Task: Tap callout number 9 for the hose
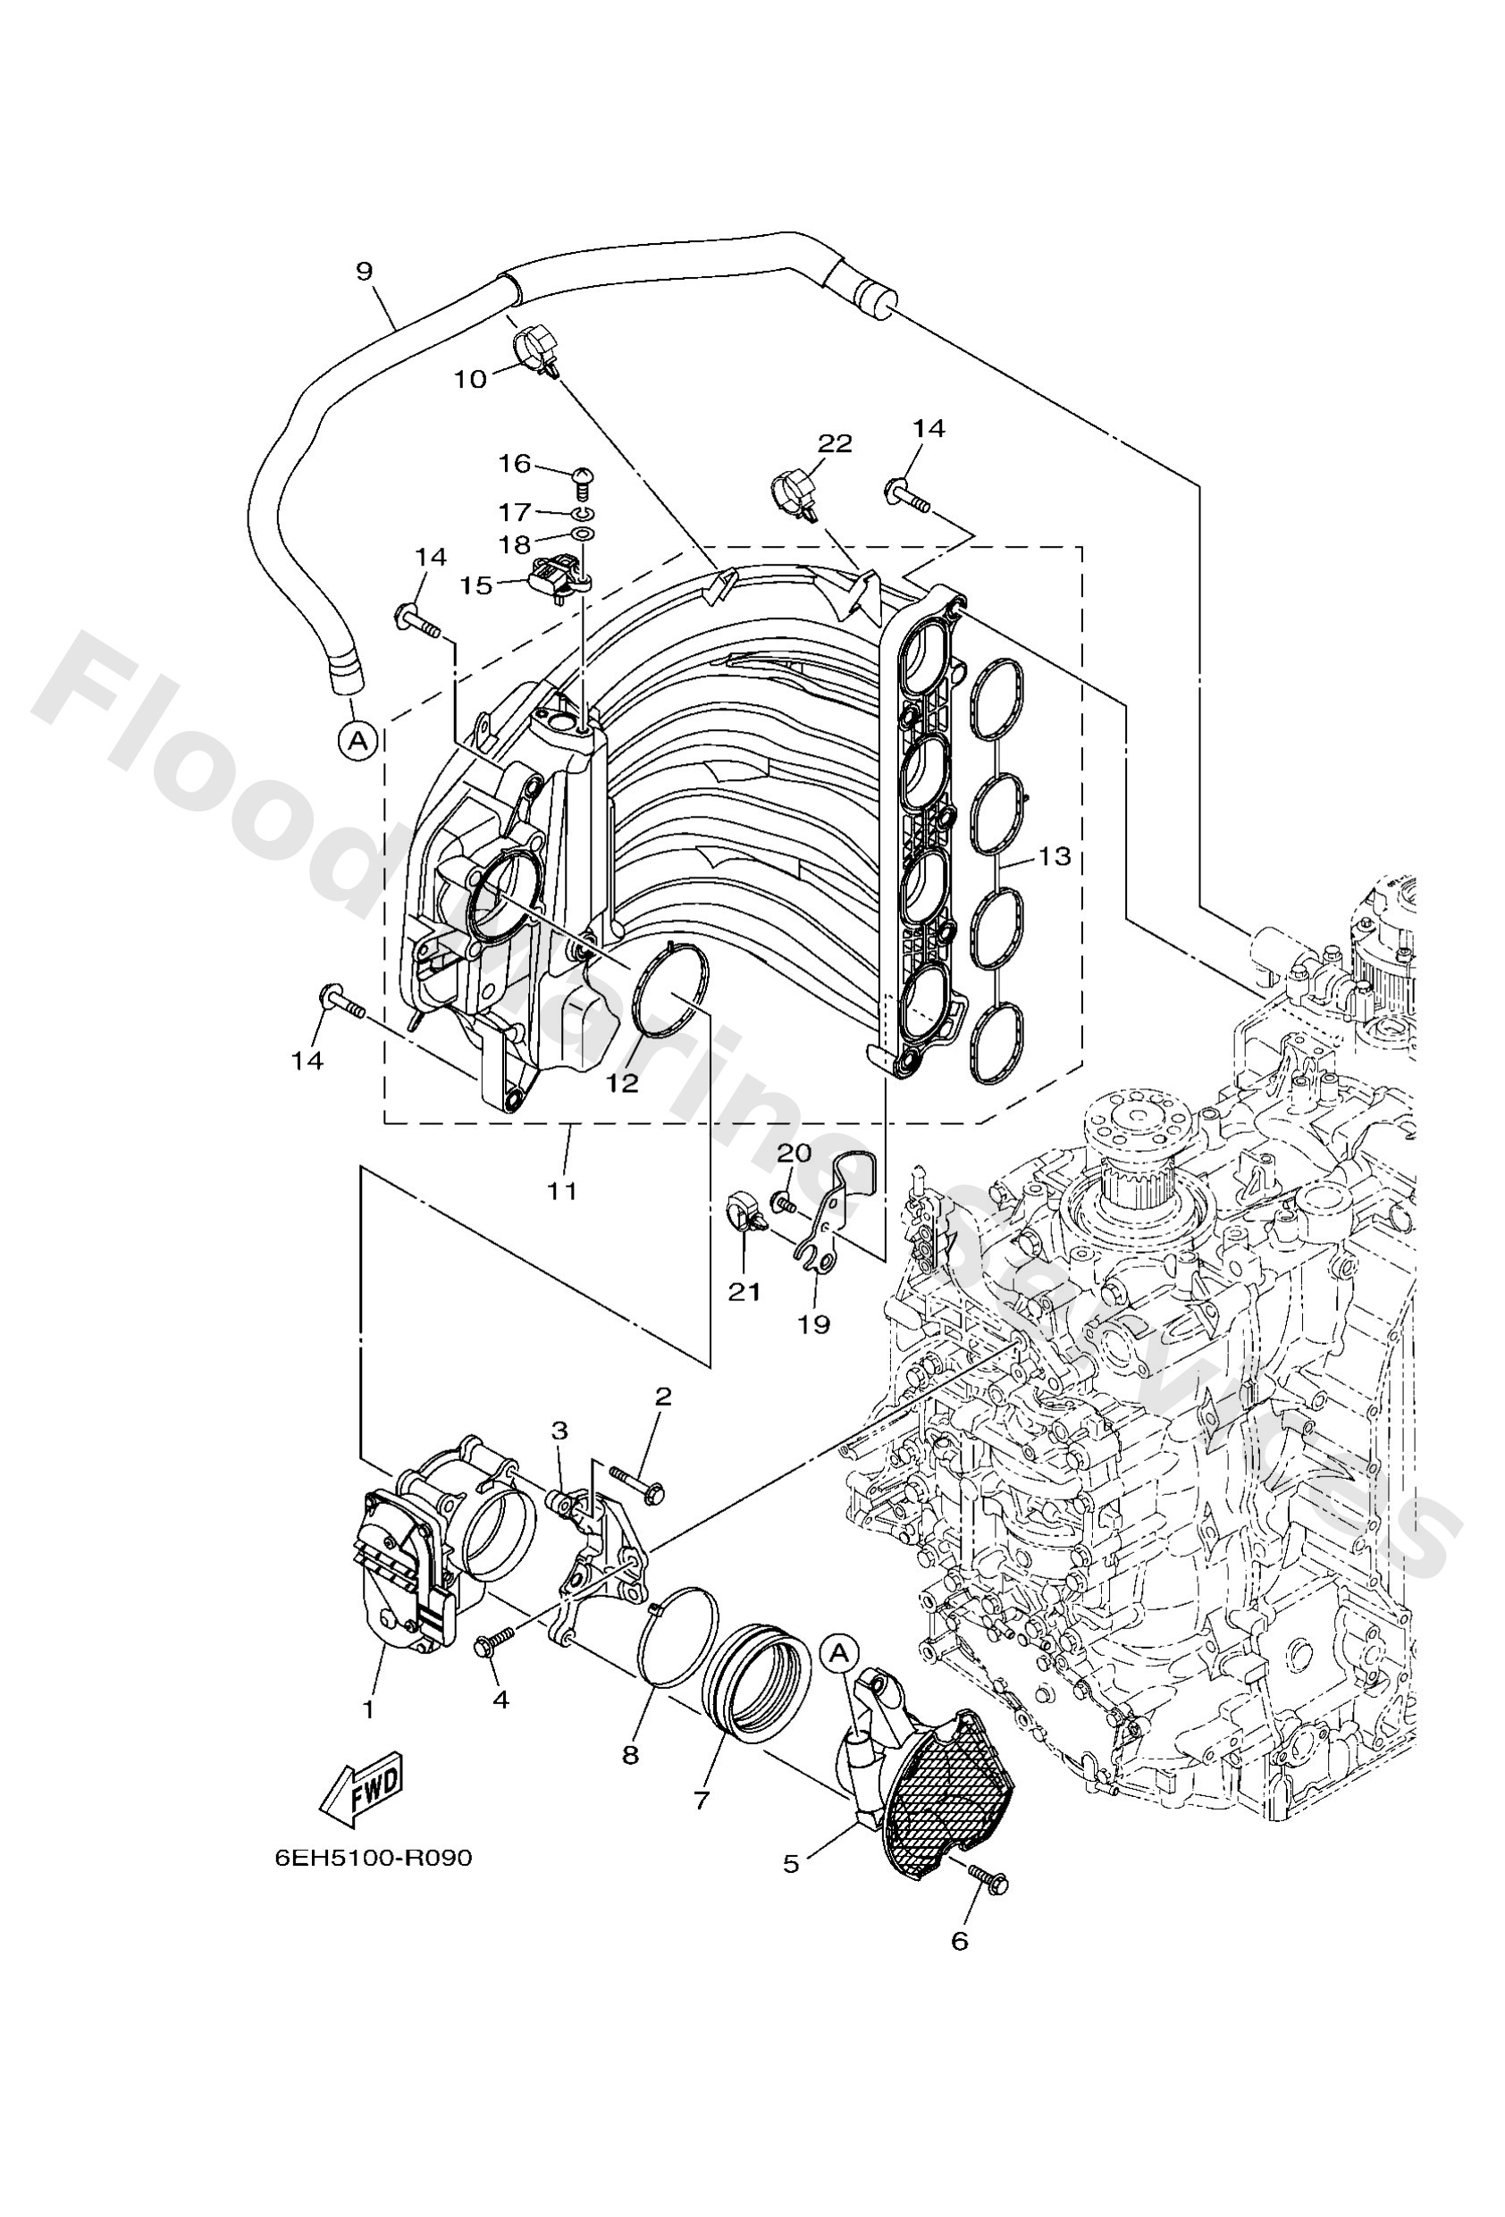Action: [x=364, y=271]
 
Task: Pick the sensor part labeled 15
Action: [x=553, y=575]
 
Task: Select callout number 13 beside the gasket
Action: [x=1055, y=856]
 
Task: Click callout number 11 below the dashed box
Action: [x=562, y=1189]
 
